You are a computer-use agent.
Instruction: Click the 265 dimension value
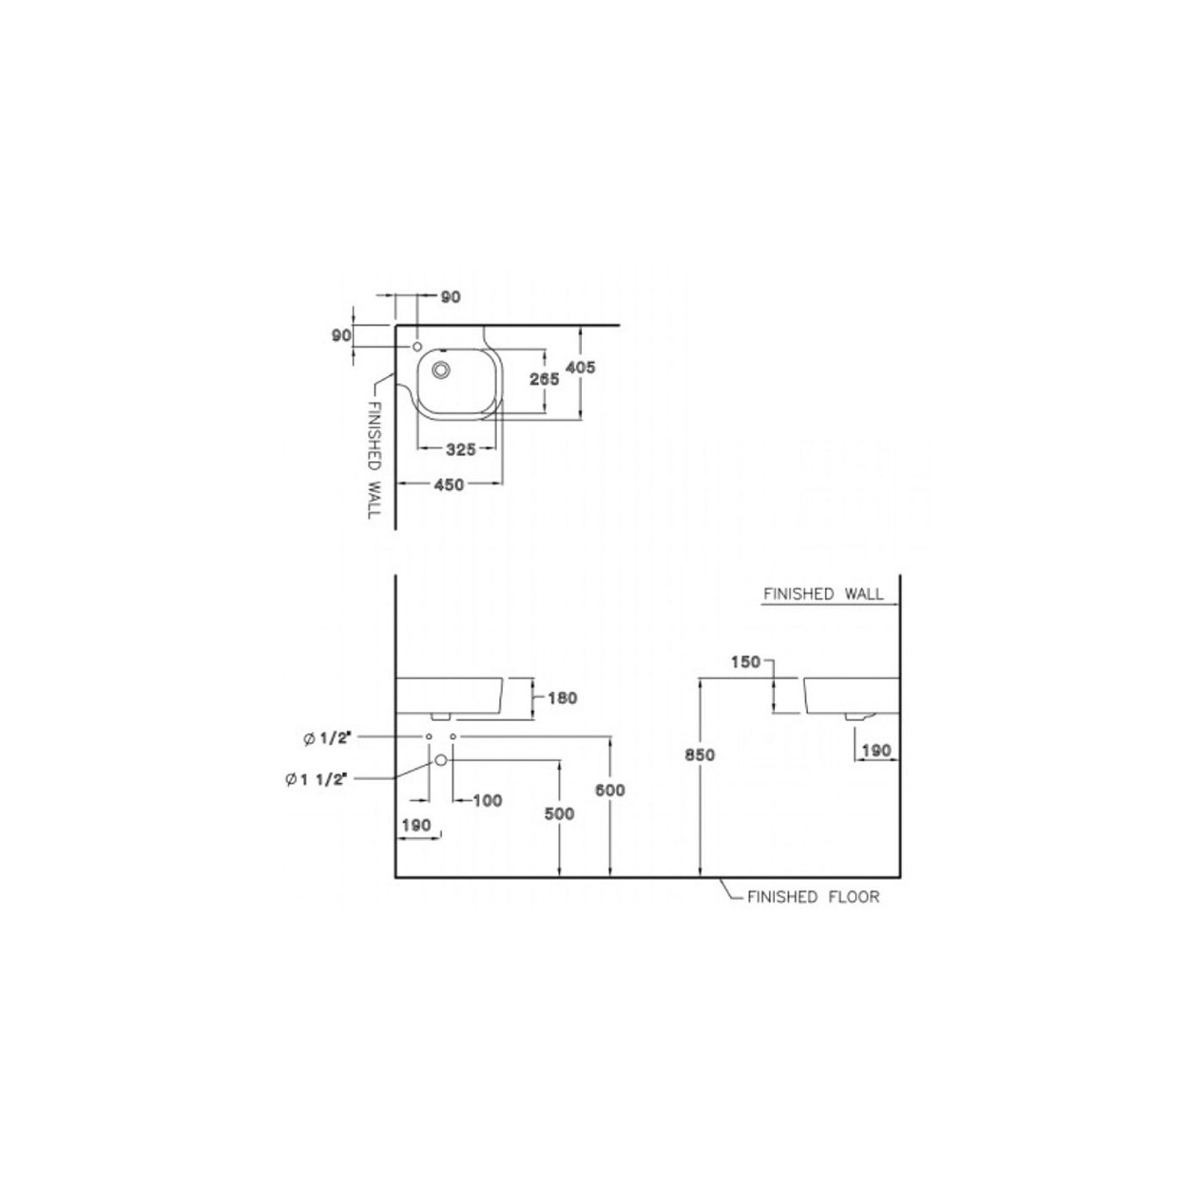[x=544, y=379]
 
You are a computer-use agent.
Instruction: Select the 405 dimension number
[x=580, y=367]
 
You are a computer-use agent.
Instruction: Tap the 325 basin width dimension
[x=460, y=449]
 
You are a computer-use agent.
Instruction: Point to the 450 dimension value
[x=449, y=484]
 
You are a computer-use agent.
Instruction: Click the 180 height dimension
[x=563, y=698]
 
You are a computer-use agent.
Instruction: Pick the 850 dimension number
[x=700, y=755]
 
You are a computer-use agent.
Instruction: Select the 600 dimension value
[x=610, y=789]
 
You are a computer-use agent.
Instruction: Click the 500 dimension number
[x=560, y=813]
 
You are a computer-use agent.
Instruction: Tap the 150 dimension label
[x=746, y=662]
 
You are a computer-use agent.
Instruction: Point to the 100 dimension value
[x=488, y=801]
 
